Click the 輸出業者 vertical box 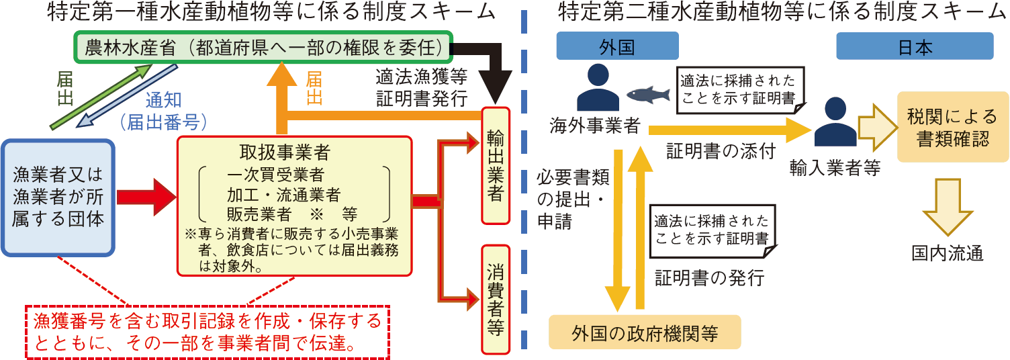coord(496,165)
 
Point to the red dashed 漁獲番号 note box coord(208,332)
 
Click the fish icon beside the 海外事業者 coord(648,95)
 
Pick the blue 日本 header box coord(915,48)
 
